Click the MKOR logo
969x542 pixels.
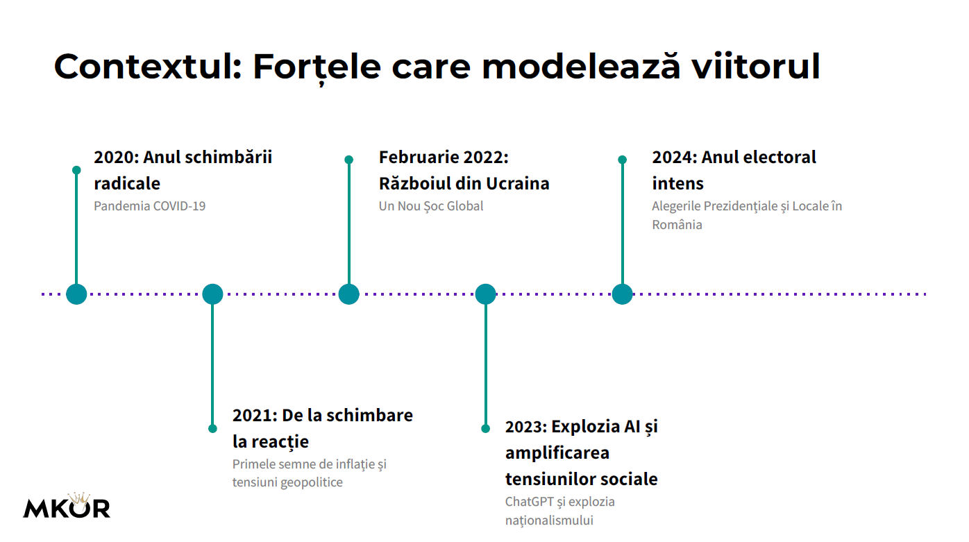pos(67,507)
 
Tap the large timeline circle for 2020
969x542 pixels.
pos(76,294)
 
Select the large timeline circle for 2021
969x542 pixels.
pos(212,294)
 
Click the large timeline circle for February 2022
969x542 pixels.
pos(348,294)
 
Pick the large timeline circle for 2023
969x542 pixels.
pos(485,294)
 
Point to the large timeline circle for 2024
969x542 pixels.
pos(622,294)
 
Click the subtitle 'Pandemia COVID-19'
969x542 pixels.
pos(149,206)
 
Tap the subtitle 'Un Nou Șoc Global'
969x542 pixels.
pos(430,206)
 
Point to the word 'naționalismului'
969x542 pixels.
pos(549,520)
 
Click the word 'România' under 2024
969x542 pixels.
pos(677,225)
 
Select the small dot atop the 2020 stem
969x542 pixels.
pos(76,170)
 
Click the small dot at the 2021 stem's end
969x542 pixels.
pos(212,428)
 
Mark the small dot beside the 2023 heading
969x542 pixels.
pos(485,428)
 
